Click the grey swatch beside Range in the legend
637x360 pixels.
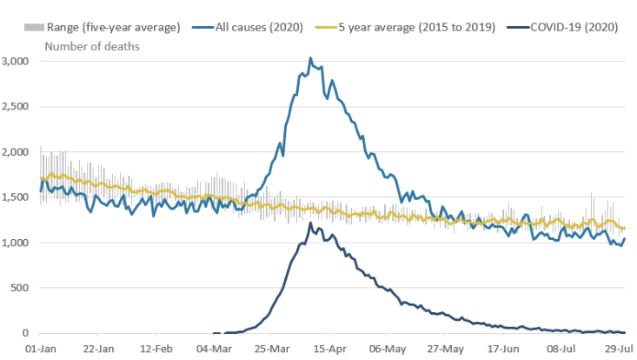pyautogui.click(x=31, y=27)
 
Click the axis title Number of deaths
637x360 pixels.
pyautogui.click(x=90, y=44)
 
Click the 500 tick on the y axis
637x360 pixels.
pyautogui.click(x=22, y=288)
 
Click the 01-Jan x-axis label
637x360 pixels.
pyautogui.click(x=42, y=350)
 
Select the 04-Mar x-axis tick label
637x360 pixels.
pyautogui.click(x=213, y=350)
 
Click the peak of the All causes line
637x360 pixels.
pyautogui.click(x=310, y=58)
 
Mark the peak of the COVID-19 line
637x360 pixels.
pyautogui.click(x=310, y=223)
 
